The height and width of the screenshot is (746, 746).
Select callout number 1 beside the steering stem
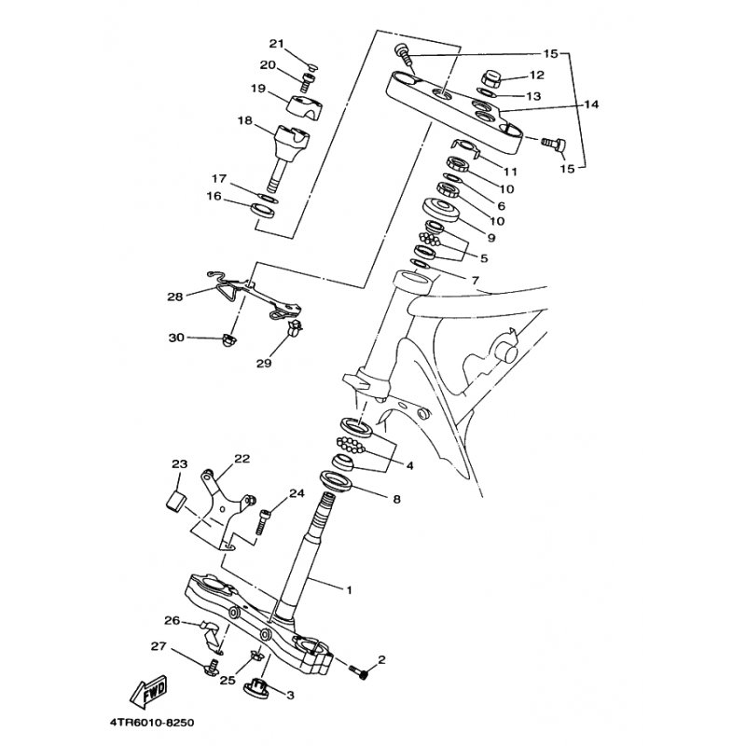[x=350, y=590]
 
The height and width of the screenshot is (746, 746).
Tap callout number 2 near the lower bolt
[x=381, y=659]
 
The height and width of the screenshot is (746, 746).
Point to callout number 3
[x=290, y=694]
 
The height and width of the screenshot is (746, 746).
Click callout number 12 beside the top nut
[x=537, y=75]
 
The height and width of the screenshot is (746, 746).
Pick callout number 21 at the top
[x=275, y=44]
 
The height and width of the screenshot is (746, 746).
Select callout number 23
[x=180, y=464]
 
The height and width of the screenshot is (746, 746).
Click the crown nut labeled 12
[x=491, y=78]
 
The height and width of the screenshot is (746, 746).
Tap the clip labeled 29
[x=295, y=328]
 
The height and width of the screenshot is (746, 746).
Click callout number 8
[x=396, y=500]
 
